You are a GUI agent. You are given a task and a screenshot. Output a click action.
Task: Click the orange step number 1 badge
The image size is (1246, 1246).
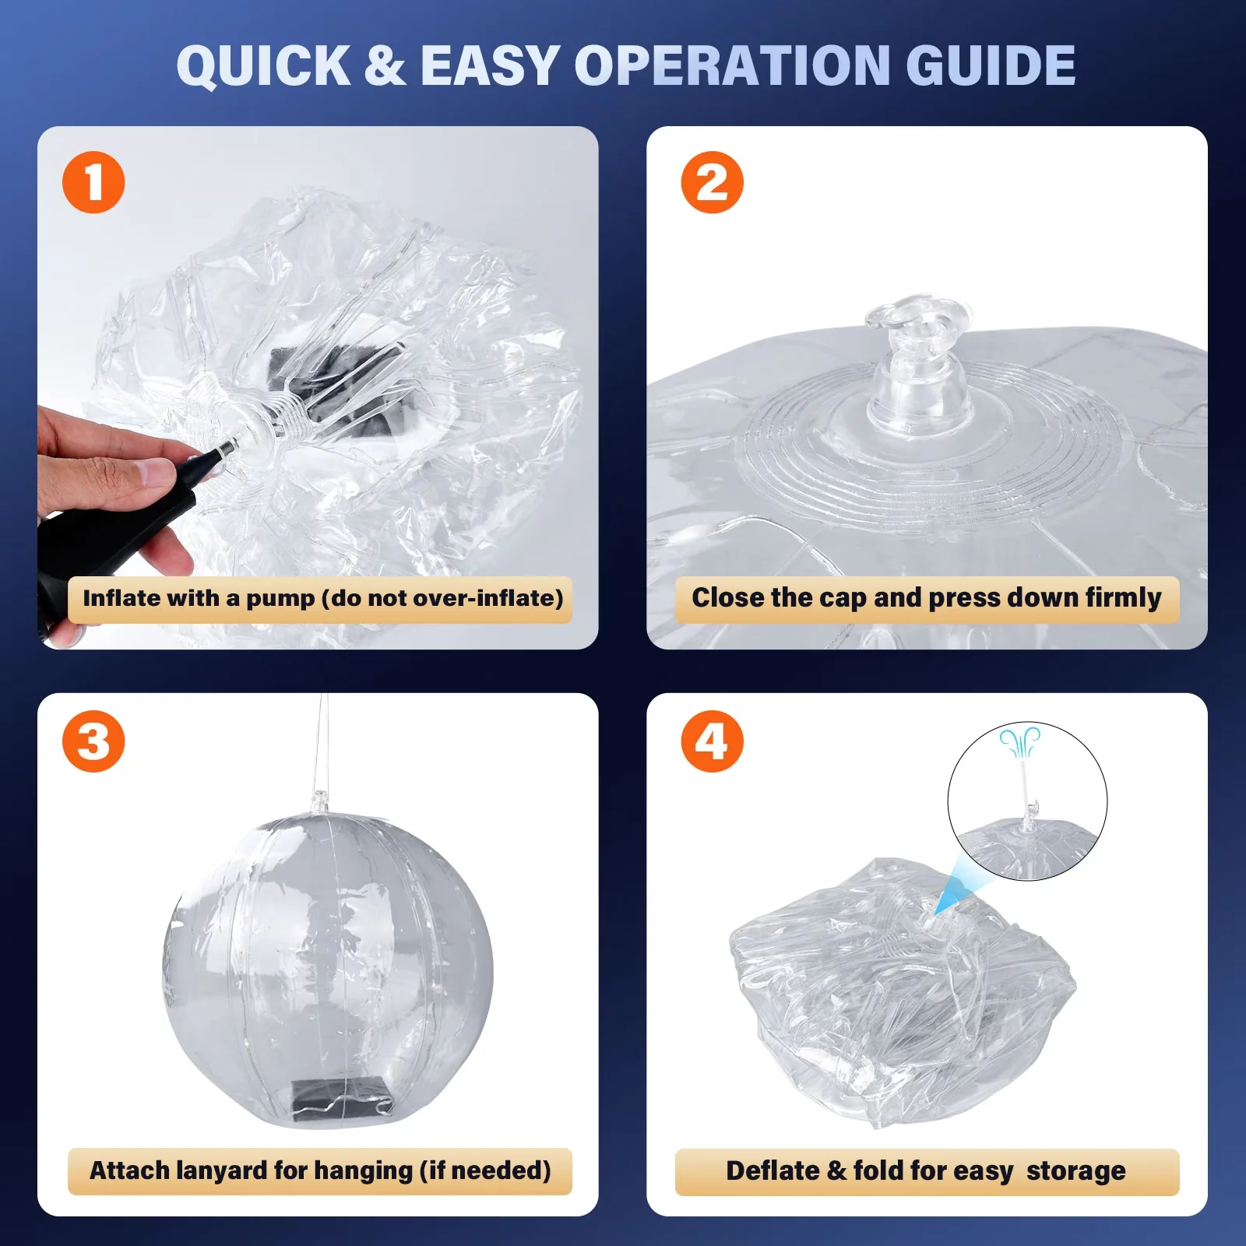93,182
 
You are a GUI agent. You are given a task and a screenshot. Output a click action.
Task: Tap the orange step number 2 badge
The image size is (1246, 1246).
712,182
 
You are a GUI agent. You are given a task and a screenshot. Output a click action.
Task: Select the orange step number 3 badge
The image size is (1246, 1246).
93,741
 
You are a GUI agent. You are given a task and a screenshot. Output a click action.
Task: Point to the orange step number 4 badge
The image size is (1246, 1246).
712,741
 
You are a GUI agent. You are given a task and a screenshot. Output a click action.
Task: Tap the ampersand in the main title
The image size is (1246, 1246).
385,65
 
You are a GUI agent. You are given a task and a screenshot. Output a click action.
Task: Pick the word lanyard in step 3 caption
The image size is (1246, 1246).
222,1171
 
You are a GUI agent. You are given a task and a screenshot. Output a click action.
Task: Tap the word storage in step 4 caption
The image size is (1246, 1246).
1075,1171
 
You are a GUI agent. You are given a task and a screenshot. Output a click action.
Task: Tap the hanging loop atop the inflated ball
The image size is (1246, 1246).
319,802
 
